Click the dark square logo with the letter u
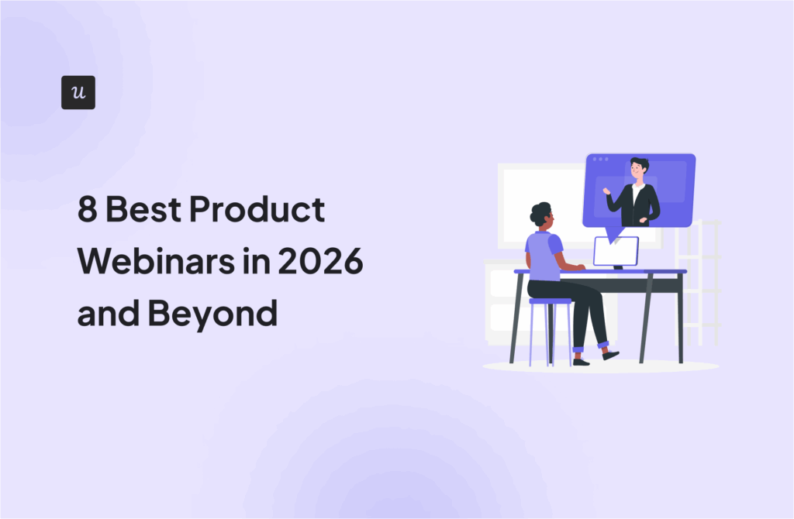point(78,93)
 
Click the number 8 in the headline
point(87,209)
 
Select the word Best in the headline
point(143,209)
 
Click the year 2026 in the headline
point(320,261)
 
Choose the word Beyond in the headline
point(212,314)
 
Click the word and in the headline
point(108,313)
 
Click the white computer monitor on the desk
point(616,252)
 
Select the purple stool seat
point(550,301)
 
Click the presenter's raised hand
point(606,191)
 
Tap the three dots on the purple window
point(601,160)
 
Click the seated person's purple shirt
point(544,256)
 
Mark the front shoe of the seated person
point(611,355)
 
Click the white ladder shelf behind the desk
point(698,283)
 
